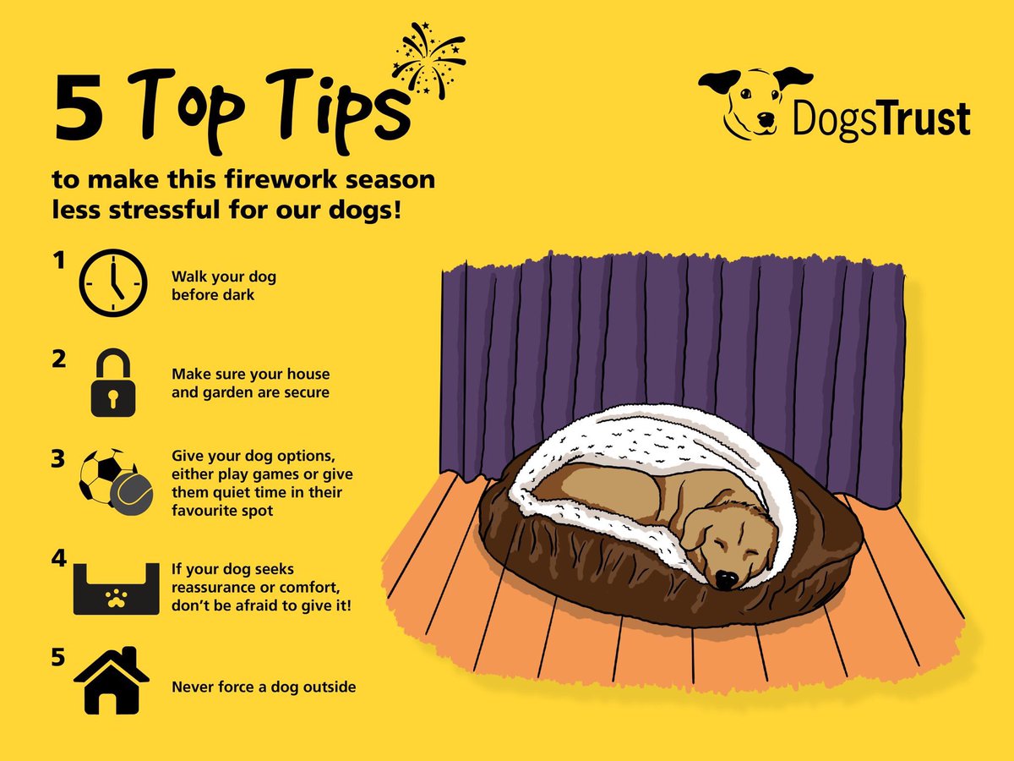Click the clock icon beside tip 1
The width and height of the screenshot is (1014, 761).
coord(112,284)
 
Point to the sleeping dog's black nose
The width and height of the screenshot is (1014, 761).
coord(725,579)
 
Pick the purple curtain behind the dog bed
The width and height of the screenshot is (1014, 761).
coord(676,338)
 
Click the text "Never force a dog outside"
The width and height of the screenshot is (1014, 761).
coord(264,687)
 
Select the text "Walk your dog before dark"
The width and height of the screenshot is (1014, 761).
coord(224,286)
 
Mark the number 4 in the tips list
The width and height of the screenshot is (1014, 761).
coord(59,561)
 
